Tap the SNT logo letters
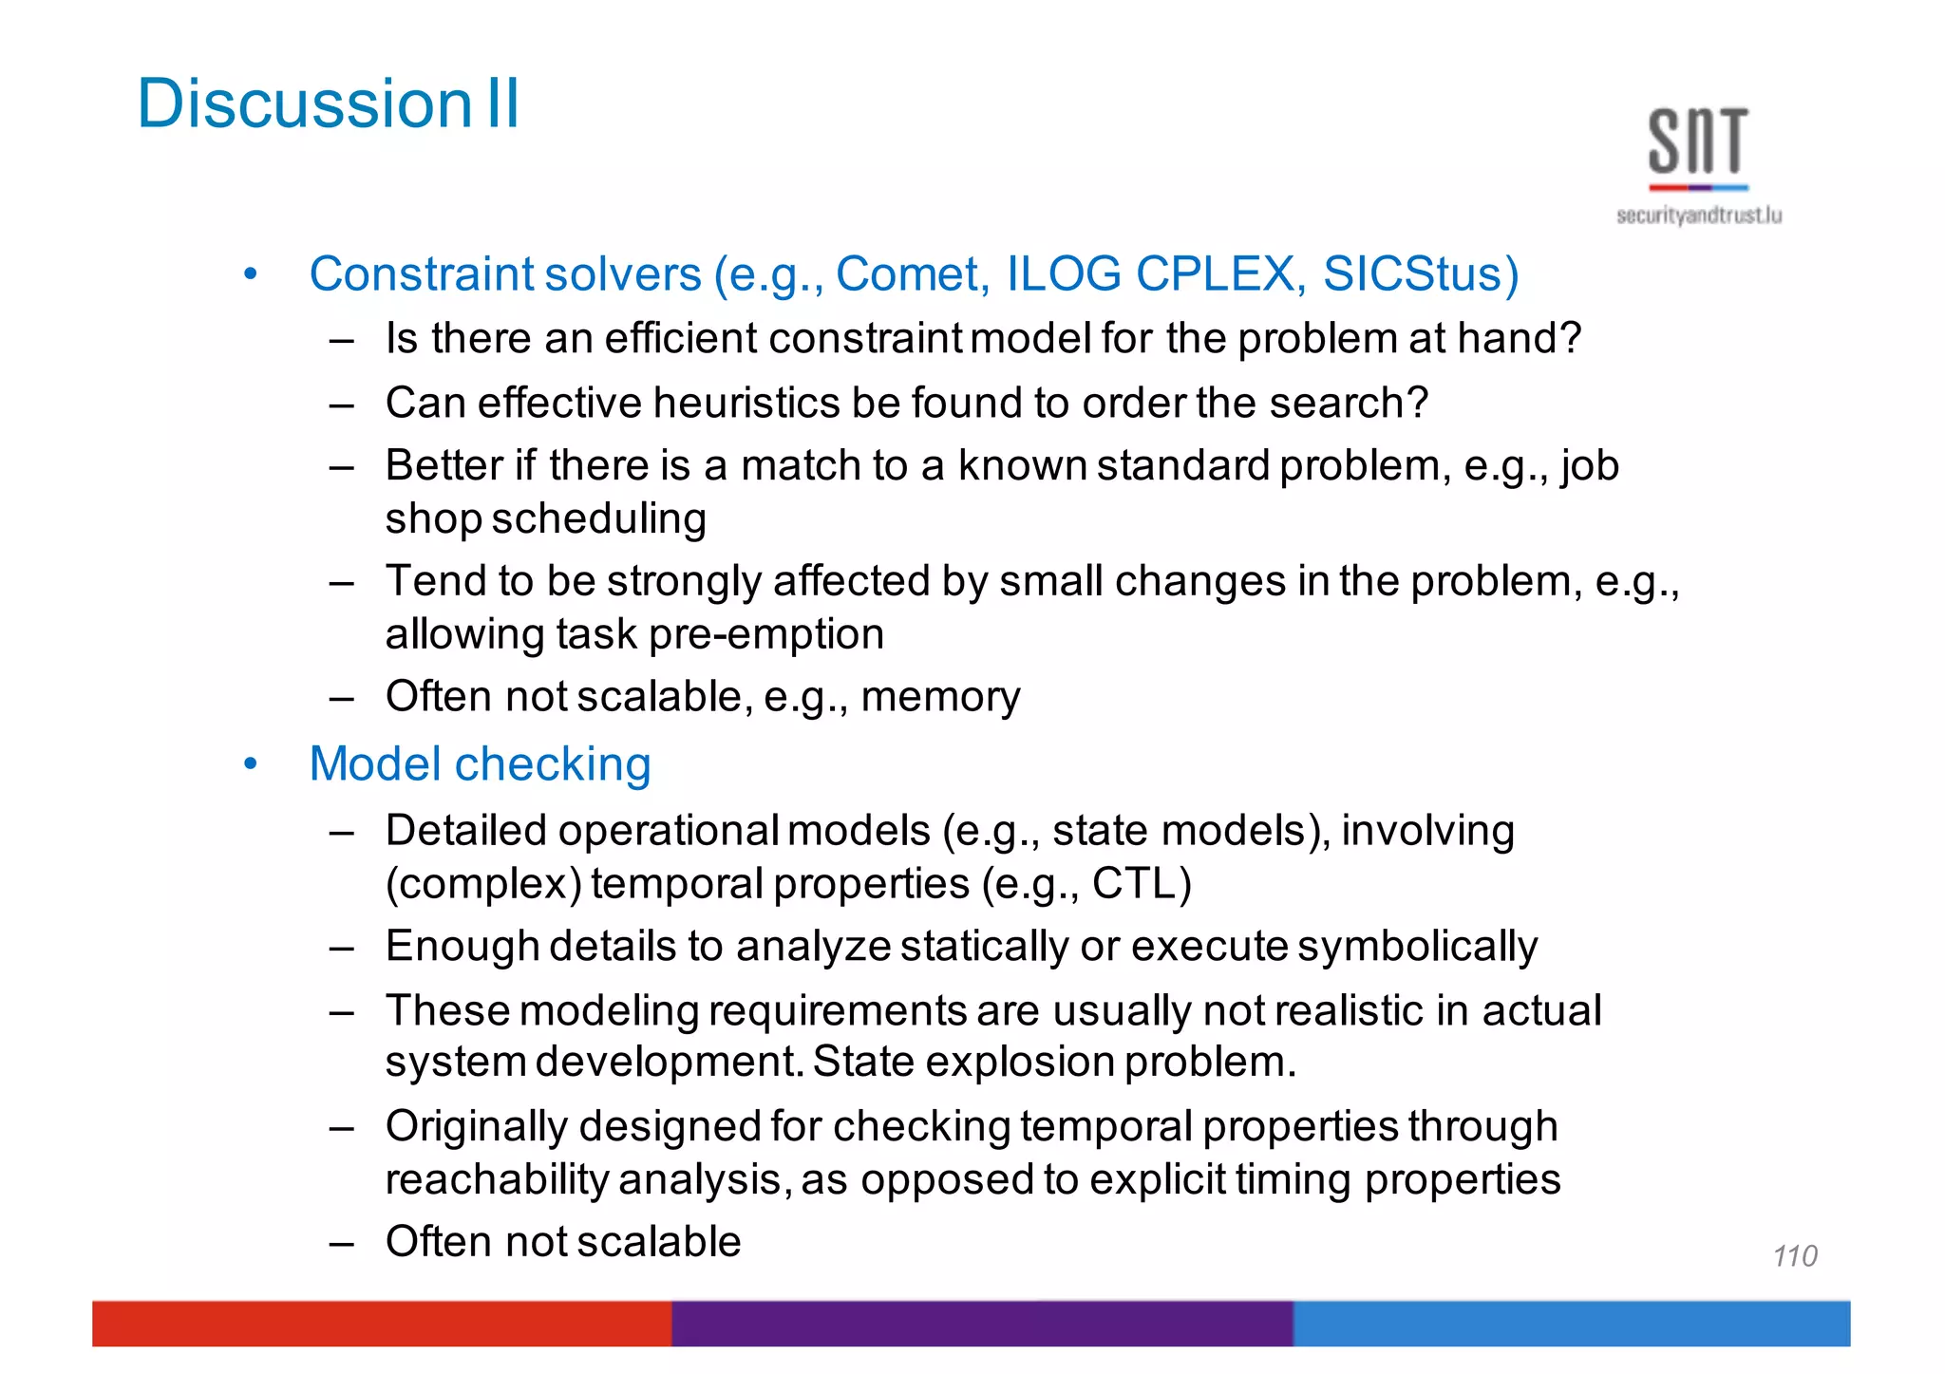click(1698, 141)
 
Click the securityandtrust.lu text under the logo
click(1698, 216)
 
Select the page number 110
click(1794, 1256)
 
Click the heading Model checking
click(480, 764)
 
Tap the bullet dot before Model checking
click(250, 764)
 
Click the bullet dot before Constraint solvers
click(250, 275)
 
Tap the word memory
click(939, 697)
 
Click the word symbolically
click(1417, 947)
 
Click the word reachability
click(497, 1180)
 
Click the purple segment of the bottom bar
click(982, 1323)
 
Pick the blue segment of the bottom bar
click(1571, 1323)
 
